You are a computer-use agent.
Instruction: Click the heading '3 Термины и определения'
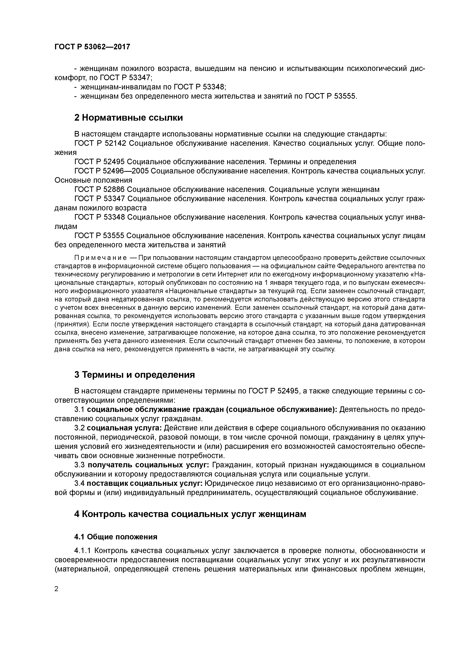pos(134,374)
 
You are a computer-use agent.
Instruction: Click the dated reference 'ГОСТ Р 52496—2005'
pos(111,171)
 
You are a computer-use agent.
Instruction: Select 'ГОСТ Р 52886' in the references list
pos(100,189)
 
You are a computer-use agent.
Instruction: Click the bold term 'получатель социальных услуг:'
pos(148,465)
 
